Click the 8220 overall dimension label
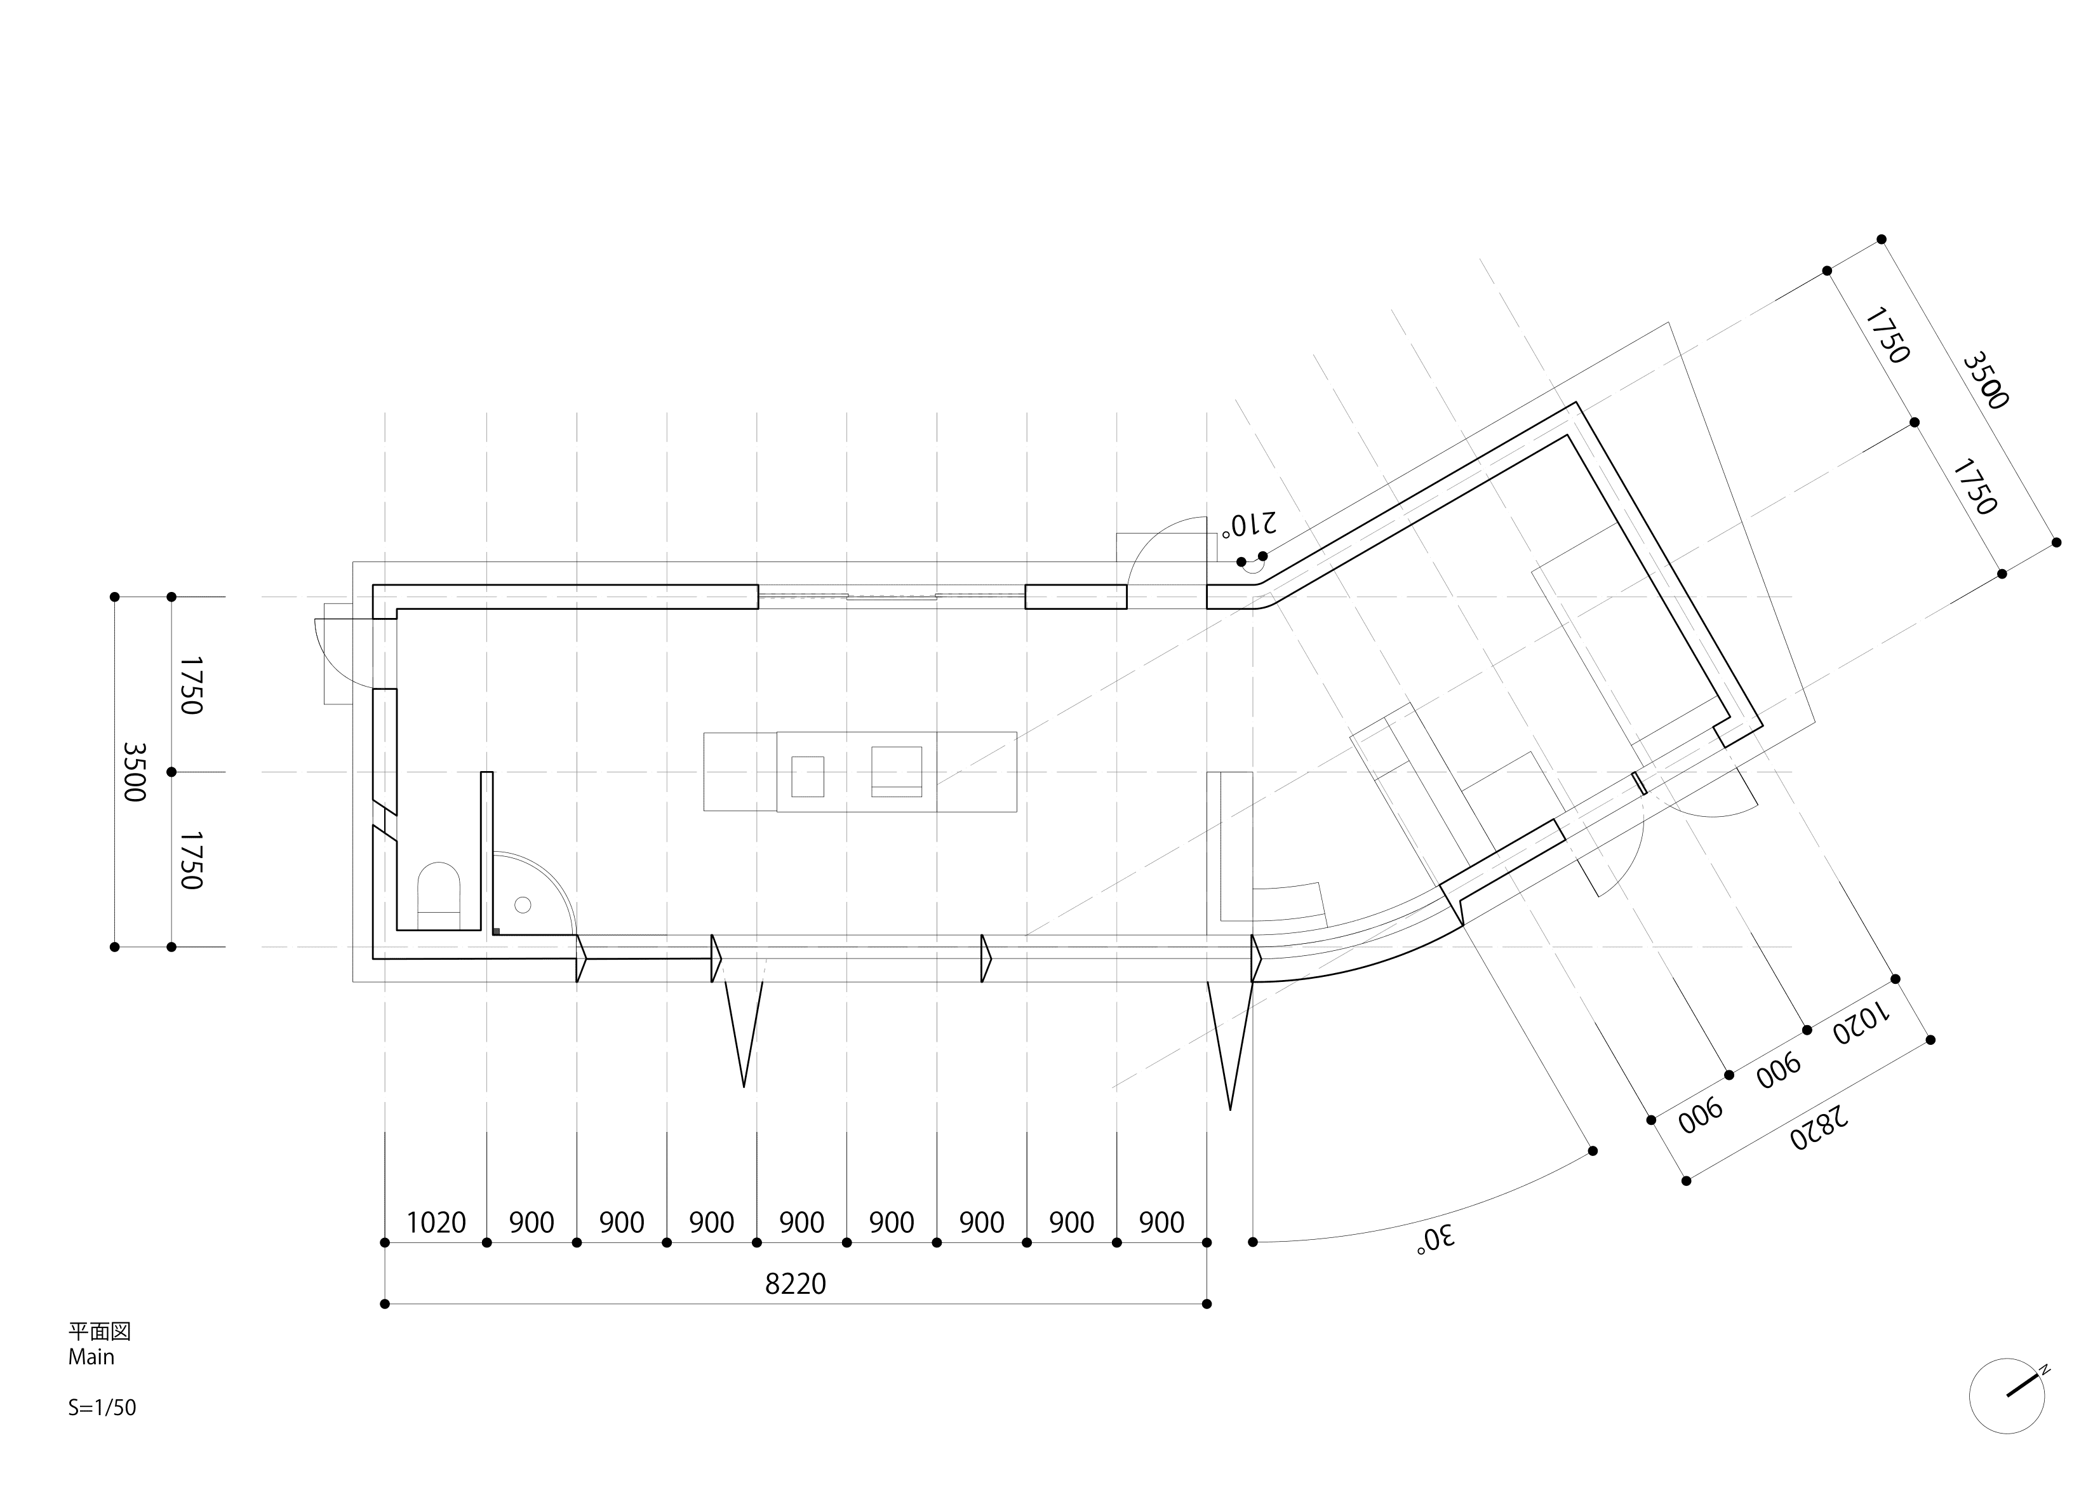tap(795, 1284)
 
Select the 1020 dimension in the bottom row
tap(436, 1223)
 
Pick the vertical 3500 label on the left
tap(135, 771)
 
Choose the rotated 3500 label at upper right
tap(1986, 380)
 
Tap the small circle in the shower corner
tap(523, 905)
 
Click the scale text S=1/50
tap(102, 1408)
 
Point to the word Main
tap(91, 1357)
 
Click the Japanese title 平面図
tap(99, 1331)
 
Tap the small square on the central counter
tap(808, 776)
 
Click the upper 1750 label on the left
tap(191, 685)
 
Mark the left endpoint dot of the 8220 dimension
tap(385, 1304)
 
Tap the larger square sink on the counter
tap(897, 770)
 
